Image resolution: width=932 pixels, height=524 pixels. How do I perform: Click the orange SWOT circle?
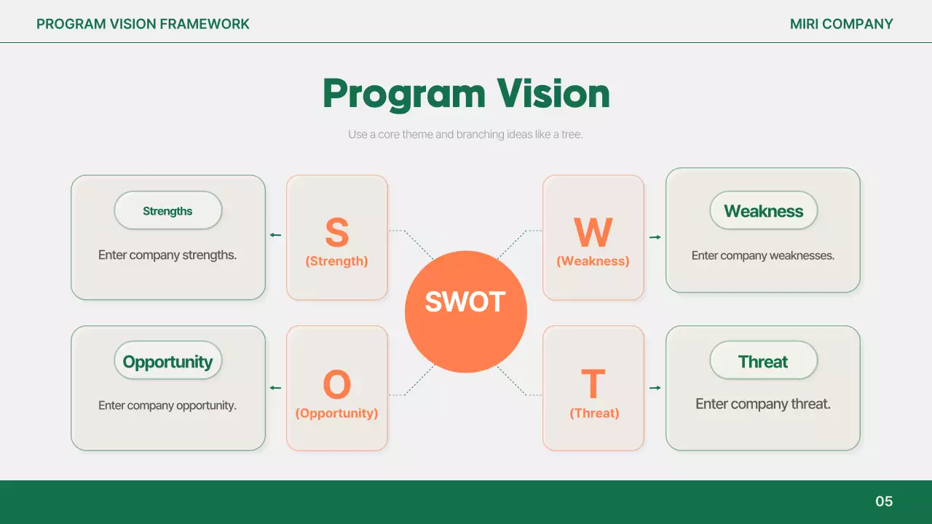[x=465, y=311]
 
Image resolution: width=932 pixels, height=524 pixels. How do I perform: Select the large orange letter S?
[x=336, y=233]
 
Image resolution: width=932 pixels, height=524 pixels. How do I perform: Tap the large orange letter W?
[x=593, y=233]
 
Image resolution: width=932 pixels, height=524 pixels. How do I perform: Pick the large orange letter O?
[x=336, y=385]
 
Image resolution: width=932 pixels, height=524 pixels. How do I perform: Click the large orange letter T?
[x=593, y=385]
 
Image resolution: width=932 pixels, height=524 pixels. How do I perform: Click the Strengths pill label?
[x=167, y=211]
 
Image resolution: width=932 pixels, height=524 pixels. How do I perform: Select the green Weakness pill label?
[x=763, y=211]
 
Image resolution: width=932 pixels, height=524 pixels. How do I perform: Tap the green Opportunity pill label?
[x=167, y=362]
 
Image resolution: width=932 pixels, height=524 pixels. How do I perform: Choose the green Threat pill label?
[x=763, y=362]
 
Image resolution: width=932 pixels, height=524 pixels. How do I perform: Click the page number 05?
[x=884, y=501]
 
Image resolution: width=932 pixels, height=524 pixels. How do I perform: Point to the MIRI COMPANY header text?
[x=841, y=24]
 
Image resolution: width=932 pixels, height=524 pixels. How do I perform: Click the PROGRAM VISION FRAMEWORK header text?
[x=143, y=24]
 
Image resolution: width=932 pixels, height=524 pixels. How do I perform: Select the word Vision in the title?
[x=553, y=94]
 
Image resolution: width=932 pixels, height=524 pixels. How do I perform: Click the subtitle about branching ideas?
[x=465, y=135]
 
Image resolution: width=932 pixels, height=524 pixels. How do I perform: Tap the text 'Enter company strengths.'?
[x=167, y=255]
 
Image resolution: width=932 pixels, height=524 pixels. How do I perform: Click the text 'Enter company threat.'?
[x=763, y=404]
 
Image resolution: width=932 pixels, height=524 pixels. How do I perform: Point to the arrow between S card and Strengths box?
[x=275, y=235]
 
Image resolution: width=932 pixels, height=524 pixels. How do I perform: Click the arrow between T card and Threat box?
[x=655, y=388]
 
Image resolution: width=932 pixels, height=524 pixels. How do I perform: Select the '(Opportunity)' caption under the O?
[x=336, y=413]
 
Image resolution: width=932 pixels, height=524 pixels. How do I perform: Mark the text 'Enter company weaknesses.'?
[x=763, y=255]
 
